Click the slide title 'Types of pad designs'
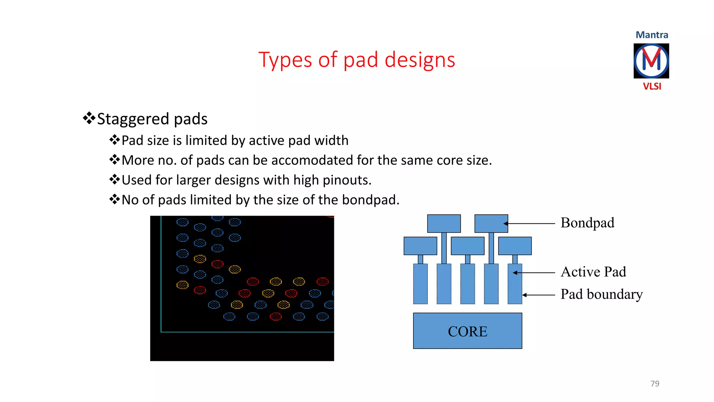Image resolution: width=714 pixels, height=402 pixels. pos(357,60)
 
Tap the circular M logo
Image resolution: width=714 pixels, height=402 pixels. pos(651,61)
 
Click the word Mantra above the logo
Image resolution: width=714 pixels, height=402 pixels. pos(652,35)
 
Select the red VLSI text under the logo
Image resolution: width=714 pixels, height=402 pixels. pos(652,86)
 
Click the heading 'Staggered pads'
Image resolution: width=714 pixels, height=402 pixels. pos(152,119)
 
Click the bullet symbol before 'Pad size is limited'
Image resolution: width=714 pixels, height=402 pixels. pos(114,140)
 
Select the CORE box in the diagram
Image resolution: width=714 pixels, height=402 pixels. pos(467,331)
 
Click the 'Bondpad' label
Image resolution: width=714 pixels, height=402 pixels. pos(587,223)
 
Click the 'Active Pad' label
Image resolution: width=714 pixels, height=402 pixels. pos(593,272)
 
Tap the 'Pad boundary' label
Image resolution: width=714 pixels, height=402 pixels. pos(601,294)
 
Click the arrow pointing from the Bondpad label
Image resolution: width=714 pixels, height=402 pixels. pos(530,223)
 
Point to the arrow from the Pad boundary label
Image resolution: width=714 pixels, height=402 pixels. pos(539,295)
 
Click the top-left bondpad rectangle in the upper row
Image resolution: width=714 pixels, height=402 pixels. pos(444,223)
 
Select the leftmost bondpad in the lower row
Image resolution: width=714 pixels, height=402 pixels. pos(420,246)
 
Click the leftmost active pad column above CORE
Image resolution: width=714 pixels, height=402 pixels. pos(420,284)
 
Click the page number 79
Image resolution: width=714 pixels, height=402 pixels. pos(654,384)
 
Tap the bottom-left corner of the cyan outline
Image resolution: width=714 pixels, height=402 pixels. pos(161,332)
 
